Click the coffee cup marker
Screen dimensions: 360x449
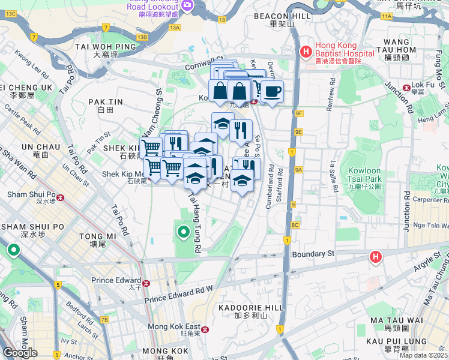272,91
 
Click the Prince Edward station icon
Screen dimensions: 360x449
145,283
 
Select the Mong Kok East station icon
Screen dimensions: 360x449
205,329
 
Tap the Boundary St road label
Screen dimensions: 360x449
313,254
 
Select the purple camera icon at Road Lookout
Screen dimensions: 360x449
187,5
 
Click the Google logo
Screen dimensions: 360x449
20,352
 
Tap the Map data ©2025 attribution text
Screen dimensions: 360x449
423,355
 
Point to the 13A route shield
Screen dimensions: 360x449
175,28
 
